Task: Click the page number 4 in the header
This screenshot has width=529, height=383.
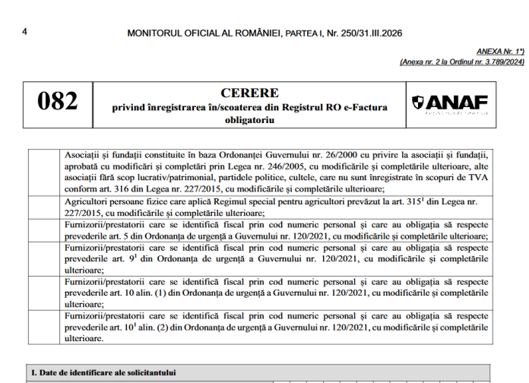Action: coord(24,32)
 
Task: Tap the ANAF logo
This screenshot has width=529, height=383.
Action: coord(450,104)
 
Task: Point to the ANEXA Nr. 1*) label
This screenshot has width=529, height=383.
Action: coord(501,51)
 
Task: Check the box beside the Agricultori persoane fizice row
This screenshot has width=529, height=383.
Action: coord(45,207)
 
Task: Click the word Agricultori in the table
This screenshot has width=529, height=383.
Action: coord(88,202)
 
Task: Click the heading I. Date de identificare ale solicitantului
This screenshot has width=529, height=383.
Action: coord(103,372)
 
